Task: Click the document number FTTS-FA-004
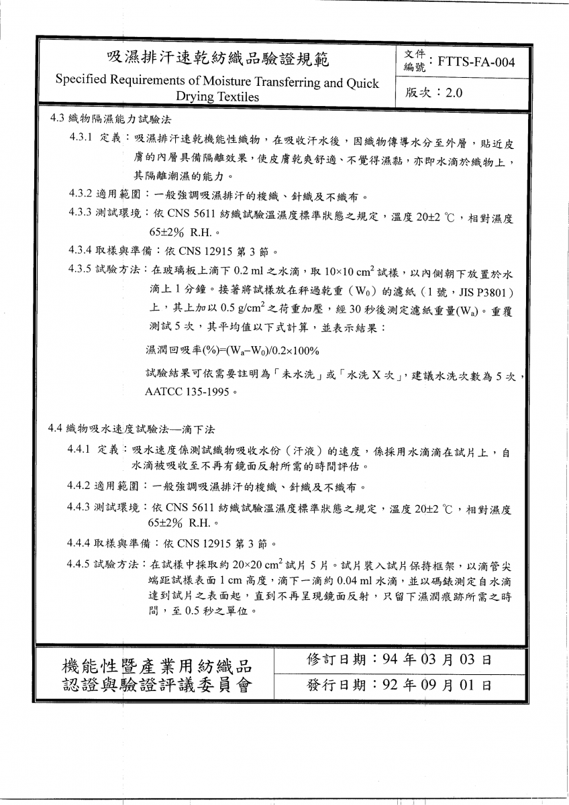[x=476, y=63]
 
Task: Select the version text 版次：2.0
[x=434, y=93]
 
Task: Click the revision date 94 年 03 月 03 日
[x=436, y=659]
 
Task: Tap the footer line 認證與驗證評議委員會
[x=156, y=687]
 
